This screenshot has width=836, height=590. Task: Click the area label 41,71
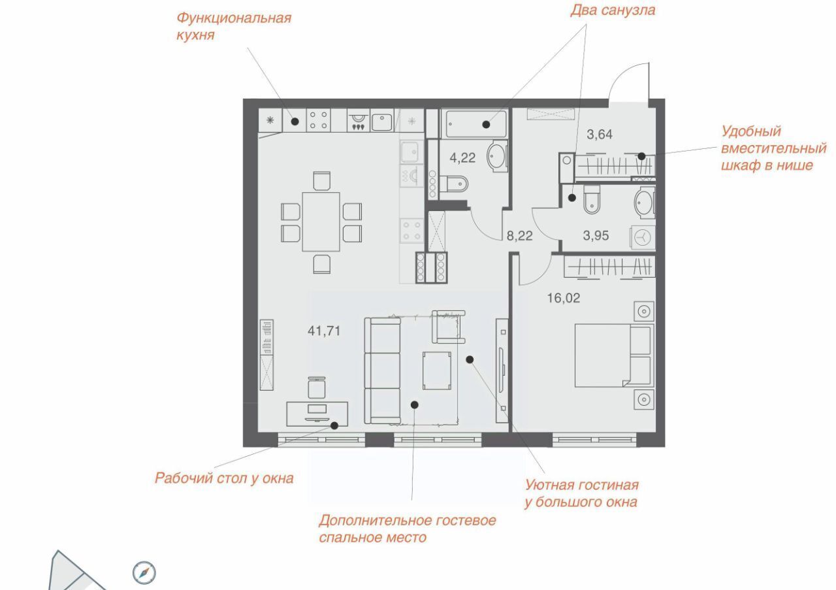point(324,331)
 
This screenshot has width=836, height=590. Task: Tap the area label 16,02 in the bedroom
point(564,298)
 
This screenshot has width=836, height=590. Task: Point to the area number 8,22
point(519,236)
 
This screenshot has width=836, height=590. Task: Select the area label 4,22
point(462,158)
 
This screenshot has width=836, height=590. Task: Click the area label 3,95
point(596,236)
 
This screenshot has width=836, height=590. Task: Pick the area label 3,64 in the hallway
point(600,135)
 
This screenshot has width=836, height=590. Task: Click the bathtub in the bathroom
point(474,123)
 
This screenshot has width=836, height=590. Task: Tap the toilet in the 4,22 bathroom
point(454,184)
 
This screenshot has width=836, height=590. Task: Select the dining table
point(321,221)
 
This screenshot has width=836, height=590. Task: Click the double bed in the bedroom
point(615,355)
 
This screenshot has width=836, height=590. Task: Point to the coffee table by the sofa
point(437,370)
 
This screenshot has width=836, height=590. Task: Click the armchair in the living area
point(449,327)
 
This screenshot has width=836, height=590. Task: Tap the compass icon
point(144,573)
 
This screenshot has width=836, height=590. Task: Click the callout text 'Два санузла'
point(613,10)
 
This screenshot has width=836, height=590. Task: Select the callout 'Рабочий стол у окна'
point(224,478)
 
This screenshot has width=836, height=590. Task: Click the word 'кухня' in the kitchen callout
point(195,35)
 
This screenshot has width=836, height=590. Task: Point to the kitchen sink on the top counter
point(382,122)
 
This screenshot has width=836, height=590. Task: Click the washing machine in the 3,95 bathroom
point(643,237)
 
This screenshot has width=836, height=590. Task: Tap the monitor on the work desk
point(317,409)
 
